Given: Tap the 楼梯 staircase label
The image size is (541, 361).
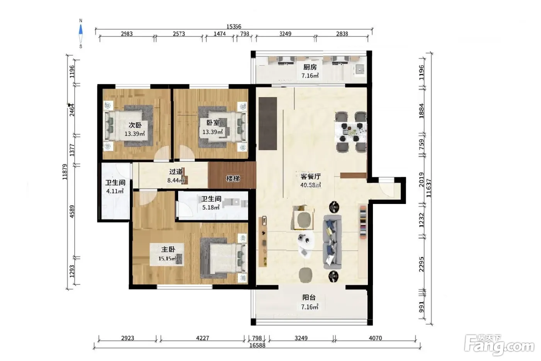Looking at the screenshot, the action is (233, 179).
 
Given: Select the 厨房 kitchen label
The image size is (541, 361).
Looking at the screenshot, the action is (310, 67).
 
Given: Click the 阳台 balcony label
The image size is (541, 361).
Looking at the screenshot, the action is (309, 298).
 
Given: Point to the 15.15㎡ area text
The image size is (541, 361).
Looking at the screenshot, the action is (167, 258).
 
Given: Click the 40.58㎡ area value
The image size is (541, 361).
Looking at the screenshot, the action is (311, 185).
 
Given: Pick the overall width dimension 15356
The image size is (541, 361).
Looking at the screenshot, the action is (233, 26).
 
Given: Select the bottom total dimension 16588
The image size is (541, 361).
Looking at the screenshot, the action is (257, 345).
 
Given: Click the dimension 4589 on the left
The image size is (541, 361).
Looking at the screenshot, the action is (72, 212).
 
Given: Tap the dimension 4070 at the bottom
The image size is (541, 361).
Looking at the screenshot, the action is (375, 338).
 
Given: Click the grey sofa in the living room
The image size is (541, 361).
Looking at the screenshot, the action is (332, 242).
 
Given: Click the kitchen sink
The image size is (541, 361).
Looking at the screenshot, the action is (360, 69).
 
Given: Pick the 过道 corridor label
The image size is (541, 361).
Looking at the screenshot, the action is (176, 172).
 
